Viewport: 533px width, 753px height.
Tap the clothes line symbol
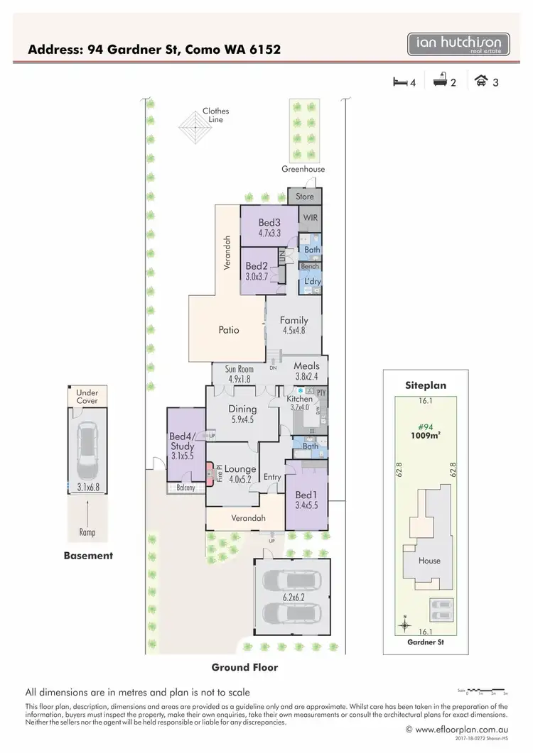pos(190,128)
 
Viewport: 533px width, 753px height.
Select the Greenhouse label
pos(303,170)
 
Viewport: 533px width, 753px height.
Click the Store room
pos(304,197)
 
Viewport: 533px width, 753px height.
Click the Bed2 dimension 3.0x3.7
pos(255,277)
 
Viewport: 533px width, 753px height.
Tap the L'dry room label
pos(312,282)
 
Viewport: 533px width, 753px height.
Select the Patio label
pos(229,330)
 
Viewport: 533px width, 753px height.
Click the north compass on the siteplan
pos(404,625)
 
